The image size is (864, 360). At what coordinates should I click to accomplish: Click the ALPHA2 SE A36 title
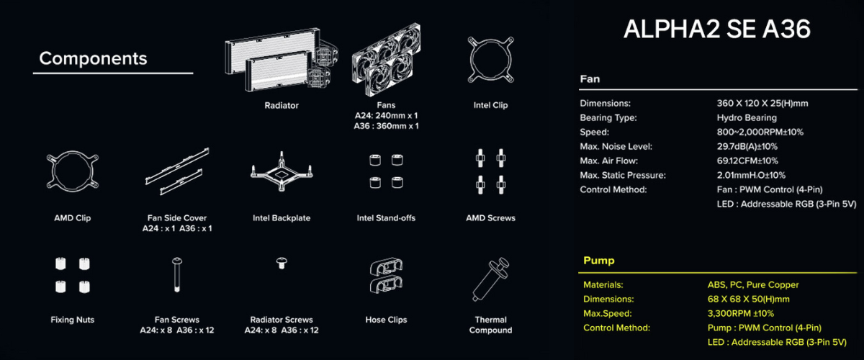(716, 29)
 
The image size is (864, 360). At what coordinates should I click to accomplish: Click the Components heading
(93, 58)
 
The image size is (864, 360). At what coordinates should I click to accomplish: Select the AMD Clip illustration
(50, 171)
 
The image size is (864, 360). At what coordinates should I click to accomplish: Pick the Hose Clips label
(386, 320)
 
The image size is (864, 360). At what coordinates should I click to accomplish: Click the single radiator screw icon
(282, 263)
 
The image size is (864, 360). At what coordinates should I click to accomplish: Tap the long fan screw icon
(177, 275)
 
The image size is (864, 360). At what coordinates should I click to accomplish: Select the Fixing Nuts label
(73, 320)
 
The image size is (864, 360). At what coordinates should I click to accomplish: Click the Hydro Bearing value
(747, 117)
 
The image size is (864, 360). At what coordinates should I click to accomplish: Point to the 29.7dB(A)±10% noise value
(747, 146)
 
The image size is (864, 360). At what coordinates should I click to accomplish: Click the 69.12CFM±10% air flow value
(747, 161)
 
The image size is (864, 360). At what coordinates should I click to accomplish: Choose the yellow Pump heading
(598, 261)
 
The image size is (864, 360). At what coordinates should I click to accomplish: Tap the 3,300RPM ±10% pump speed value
(741, 313)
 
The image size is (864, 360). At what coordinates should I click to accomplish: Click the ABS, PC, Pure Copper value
(753, 284)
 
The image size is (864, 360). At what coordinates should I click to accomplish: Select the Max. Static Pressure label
(623, 175)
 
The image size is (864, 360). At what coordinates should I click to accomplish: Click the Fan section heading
(590, 79)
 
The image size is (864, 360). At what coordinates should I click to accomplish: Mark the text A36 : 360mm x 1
(386, 126)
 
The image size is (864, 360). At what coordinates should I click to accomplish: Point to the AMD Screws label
(490, 218)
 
